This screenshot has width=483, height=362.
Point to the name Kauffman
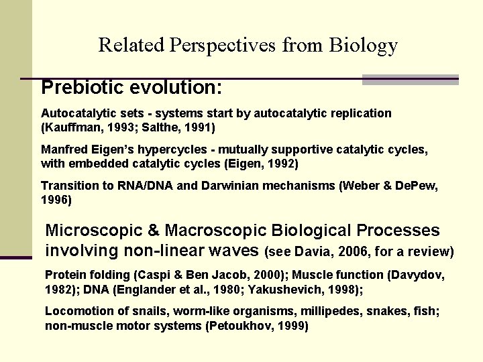(x=71, y=127)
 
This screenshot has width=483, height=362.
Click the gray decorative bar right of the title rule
(x=410, y=80)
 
